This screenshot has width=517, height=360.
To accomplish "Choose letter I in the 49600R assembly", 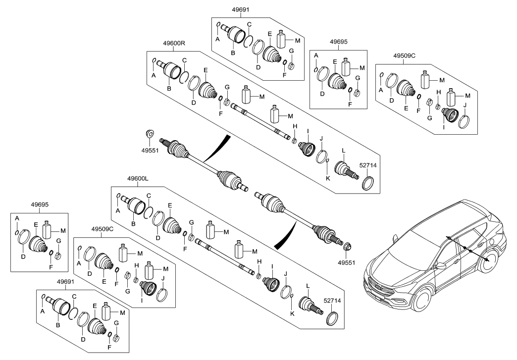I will pos(308,131).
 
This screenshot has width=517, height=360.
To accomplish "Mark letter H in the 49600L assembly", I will pos(258,262).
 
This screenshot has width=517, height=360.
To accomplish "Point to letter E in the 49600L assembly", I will pos(170,205).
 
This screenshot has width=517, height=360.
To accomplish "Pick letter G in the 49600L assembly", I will pos(191,222).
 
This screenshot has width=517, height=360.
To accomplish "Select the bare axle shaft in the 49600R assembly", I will pos(260,121).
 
